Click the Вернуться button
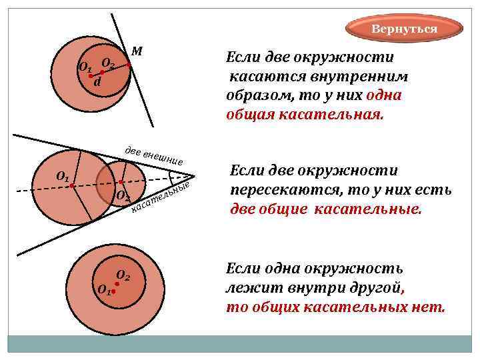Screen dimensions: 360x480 tap(404, 29)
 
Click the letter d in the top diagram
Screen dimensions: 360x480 tap(97, 83)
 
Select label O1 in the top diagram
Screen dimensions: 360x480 tap(85, 68)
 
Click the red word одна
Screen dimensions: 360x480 tap(384, 95)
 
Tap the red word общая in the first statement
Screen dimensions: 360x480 tap(249, 113)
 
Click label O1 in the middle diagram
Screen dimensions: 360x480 tap(63, 177)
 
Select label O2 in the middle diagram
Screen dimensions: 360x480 tap(123, 196)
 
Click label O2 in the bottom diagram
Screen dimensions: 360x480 tap(123, 275)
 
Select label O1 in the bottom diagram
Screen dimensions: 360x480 tap(103, 290)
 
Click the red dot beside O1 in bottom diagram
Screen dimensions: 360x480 tap(114, 291)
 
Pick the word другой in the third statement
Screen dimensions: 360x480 tap(375, 288)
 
